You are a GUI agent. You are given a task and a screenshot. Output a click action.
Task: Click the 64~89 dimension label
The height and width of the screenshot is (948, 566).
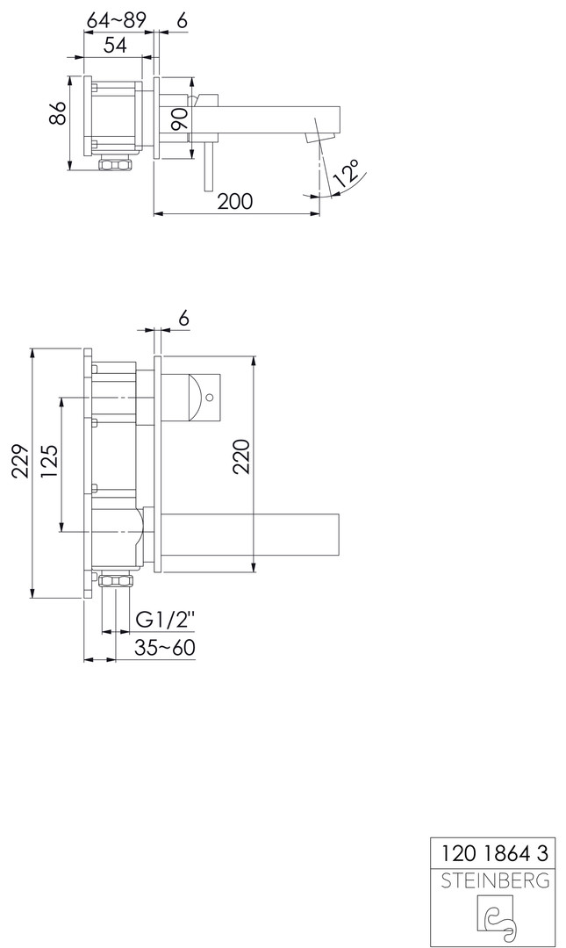tap(116, 20)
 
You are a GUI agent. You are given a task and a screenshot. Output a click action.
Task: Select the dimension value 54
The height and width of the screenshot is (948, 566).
tap(115, 45)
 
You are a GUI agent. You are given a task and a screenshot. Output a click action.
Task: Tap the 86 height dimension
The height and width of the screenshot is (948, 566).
tap(57, 113)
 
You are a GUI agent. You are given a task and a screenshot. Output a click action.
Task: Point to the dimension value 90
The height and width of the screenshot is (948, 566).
tap(179, 119)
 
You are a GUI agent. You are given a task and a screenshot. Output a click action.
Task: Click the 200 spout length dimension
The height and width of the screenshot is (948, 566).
tap(234, 201)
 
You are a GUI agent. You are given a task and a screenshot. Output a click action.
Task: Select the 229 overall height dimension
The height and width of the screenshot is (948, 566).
tap(22, 463)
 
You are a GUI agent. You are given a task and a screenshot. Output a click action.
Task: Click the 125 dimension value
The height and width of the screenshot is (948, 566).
tap(50, 463)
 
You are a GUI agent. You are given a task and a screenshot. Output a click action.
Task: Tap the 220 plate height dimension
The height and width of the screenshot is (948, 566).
tap(241, 457)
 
